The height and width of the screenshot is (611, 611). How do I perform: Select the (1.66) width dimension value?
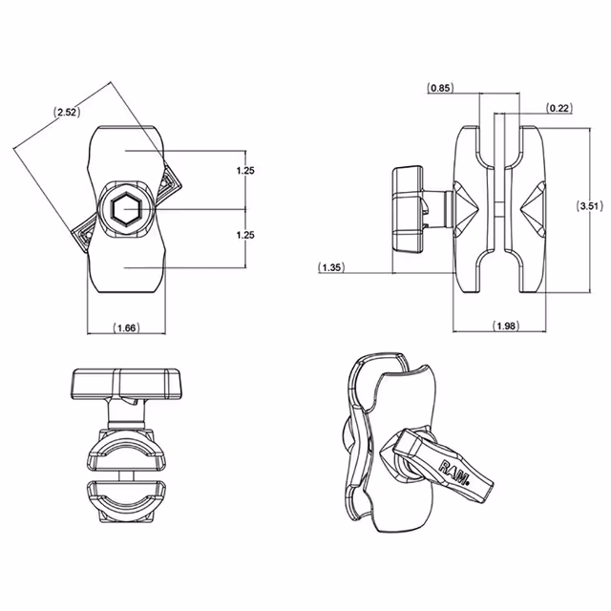pos(126,327)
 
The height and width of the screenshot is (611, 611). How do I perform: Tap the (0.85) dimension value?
pos(440,88)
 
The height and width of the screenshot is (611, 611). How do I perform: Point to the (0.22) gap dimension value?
pos(559,108)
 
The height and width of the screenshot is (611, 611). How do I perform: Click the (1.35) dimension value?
pos(333,267)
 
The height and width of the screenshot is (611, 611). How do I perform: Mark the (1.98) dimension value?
pos(505,327)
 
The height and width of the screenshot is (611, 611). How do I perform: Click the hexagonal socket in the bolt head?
pos(125,209)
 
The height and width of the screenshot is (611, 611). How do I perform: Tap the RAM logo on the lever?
pos(454,473)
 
